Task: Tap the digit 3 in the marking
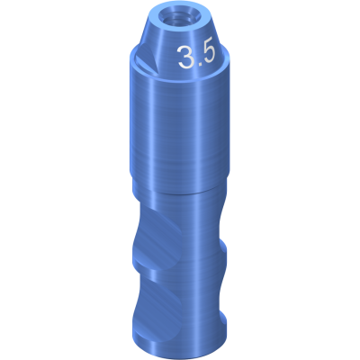pos(184,58)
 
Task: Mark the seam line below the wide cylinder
pos(180,192)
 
